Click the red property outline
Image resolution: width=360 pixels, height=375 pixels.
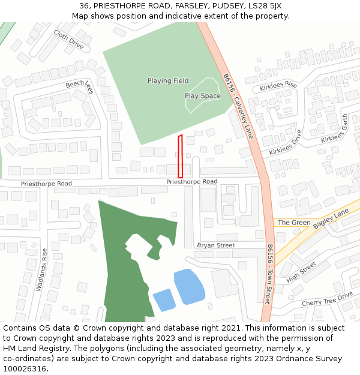point(180,156)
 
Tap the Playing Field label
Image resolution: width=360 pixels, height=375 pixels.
point(168,81)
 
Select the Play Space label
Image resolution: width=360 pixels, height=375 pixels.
point(202,96)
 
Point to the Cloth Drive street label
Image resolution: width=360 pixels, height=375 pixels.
point(68,39)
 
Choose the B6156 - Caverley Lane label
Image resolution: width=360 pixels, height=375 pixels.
point(239,107)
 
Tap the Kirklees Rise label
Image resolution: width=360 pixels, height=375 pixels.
point(278,86)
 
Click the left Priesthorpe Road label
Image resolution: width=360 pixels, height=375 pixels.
point(46,184)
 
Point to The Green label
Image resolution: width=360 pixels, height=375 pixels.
point(294,223)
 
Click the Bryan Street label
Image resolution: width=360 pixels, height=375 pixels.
point(215,245)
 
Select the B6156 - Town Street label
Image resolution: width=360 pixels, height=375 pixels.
point(269,274)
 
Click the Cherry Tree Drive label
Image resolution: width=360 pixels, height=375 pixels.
point(327,299)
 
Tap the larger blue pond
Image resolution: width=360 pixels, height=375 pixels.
point(189,286)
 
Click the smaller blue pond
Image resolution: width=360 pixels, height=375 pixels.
point(164,300)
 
